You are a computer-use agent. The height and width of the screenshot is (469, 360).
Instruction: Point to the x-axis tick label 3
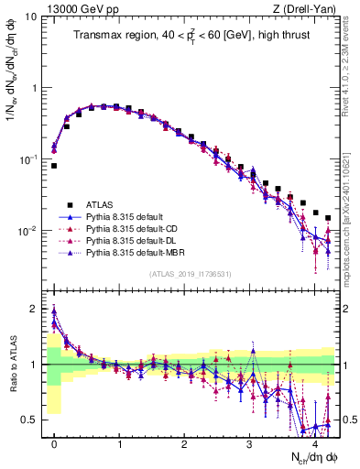point(250,443)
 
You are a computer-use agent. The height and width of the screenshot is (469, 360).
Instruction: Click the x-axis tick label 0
point(54,443)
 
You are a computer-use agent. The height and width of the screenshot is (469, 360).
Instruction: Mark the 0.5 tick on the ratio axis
point(32,420)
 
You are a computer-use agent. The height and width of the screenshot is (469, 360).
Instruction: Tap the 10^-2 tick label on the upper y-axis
point(27,231)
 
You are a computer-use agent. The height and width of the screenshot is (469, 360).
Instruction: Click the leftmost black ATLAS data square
point(54,166)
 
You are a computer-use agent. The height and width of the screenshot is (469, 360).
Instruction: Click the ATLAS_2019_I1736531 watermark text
point(191,275)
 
